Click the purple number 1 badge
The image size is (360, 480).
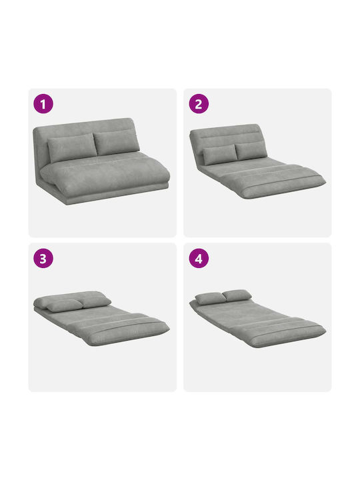[x=43, y=104]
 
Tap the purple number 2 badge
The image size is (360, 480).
[x=199, y=104]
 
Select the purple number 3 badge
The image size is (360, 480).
[x=43, y=258]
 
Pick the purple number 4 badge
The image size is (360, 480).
[x=199, y=258]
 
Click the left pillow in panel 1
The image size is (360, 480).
[x=72, y=147]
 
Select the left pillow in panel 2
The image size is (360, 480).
[x=220, y=155]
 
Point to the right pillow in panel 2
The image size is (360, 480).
[x=251, y=151]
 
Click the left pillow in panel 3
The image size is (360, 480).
[x=64, y=305]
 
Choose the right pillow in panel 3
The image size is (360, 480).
[x=95, y=302]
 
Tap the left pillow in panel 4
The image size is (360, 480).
[x=210, y=299]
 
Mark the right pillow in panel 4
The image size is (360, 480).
[x=237, y=295]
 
